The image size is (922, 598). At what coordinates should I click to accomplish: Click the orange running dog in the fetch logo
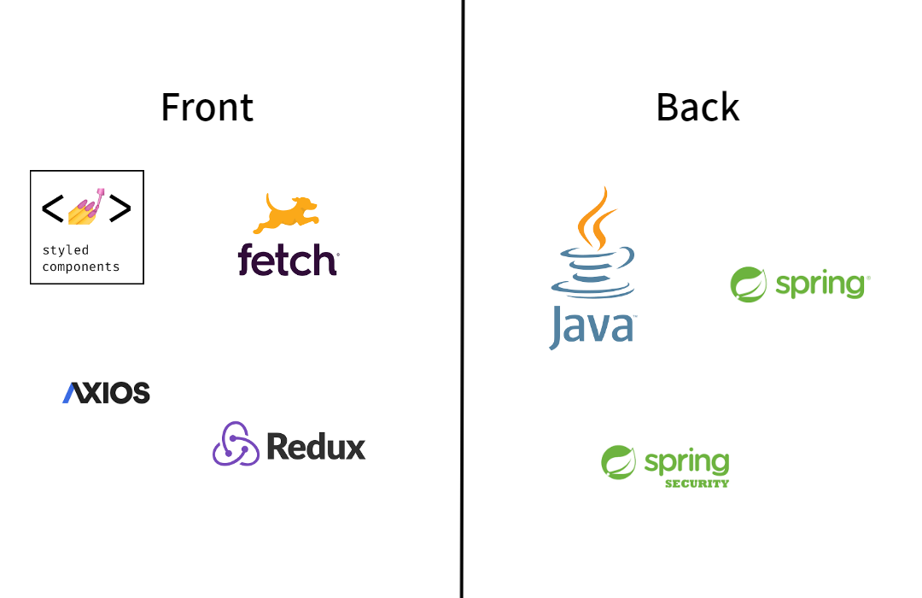[286, 213]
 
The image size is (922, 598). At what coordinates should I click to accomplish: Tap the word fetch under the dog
[288, 260]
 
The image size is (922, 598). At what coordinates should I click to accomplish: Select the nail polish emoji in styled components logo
[87, 208]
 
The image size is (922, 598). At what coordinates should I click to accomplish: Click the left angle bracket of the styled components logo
[52, 208]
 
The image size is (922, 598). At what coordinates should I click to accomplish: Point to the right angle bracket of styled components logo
[120, 208]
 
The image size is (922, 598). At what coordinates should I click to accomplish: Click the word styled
[66, 250]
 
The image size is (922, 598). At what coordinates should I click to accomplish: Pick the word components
[81, 267]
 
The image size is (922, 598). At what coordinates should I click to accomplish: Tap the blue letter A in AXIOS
[71, 393]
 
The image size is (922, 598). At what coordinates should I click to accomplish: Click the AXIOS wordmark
[106, 393]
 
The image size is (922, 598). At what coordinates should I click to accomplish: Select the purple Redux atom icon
[235, 444]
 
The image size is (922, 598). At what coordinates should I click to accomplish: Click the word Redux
[316, 446]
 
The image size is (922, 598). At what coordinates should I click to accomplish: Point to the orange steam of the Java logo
[595, 217]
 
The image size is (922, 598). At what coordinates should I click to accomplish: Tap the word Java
[592, 326]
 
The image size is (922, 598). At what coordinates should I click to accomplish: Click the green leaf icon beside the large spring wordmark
[749, 284]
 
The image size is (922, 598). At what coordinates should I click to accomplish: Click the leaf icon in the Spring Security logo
[619, 462]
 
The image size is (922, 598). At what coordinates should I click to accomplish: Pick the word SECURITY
[697, 484]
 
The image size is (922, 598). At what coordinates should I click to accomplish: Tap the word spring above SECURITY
[686, 462]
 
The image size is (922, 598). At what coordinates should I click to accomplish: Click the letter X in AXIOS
[89, 393]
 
